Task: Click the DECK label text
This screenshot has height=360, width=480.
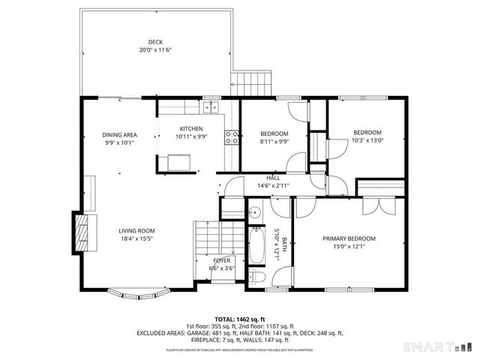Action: (155, 42)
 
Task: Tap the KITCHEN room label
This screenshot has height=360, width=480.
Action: (191, 128)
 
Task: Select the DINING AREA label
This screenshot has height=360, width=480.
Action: (119, 135)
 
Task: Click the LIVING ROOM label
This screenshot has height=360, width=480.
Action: (136, 230)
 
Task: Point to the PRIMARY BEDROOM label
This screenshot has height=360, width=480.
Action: (349, 238)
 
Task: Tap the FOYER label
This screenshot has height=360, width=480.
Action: (211, 260)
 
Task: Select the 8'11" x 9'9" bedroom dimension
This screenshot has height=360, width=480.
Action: (274, 141)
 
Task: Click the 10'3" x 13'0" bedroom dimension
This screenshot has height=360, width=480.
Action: (367, 140)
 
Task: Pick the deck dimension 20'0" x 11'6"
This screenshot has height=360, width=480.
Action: (155, 50)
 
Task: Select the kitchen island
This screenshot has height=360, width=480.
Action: (179, 161)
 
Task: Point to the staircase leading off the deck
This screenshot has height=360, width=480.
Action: (252, 81)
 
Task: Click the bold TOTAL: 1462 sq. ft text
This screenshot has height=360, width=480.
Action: (240, 319)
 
